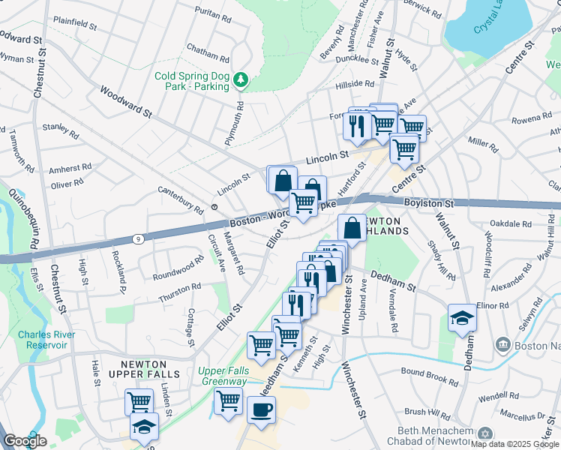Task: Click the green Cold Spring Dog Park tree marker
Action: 240,78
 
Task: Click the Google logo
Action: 25,441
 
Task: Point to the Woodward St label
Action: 125,104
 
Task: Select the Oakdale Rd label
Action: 509,223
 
